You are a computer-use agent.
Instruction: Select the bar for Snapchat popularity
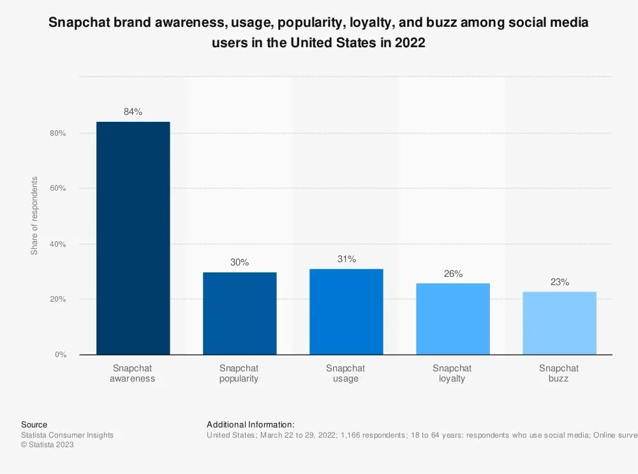(239, 313)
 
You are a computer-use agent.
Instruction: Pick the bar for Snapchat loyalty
(452, 318)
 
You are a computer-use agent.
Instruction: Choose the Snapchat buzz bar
(559, 323)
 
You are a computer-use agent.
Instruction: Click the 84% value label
(133, 112)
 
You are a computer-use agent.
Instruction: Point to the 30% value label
(239, 262)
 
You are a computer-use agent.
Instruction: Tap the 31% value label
(346, 259)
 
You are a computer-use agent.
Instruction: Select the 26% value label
(452, 274)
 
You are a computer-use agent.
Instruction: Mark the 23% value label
(559, 282)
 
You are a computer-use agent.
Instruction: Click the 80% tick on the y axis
(59, 133)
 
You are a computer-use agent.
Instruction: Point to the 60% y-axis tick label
(59, 189)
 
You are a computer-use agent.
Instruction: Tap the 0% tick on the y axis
(61, 355)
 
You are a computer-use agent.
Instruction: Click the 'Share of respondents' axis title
(34, 216)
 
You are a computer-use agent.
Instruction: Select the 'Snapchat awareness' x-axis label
(133, 373)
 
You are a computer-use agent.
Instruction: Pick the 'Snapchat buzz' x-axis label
(559, 373)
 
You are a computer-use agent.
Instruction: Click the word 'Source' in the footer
(34, 424)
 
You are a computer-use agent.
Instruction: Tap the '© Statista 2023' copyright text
(47, 445)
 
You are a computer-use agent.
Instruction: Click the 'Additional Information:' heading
(251, 424)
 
